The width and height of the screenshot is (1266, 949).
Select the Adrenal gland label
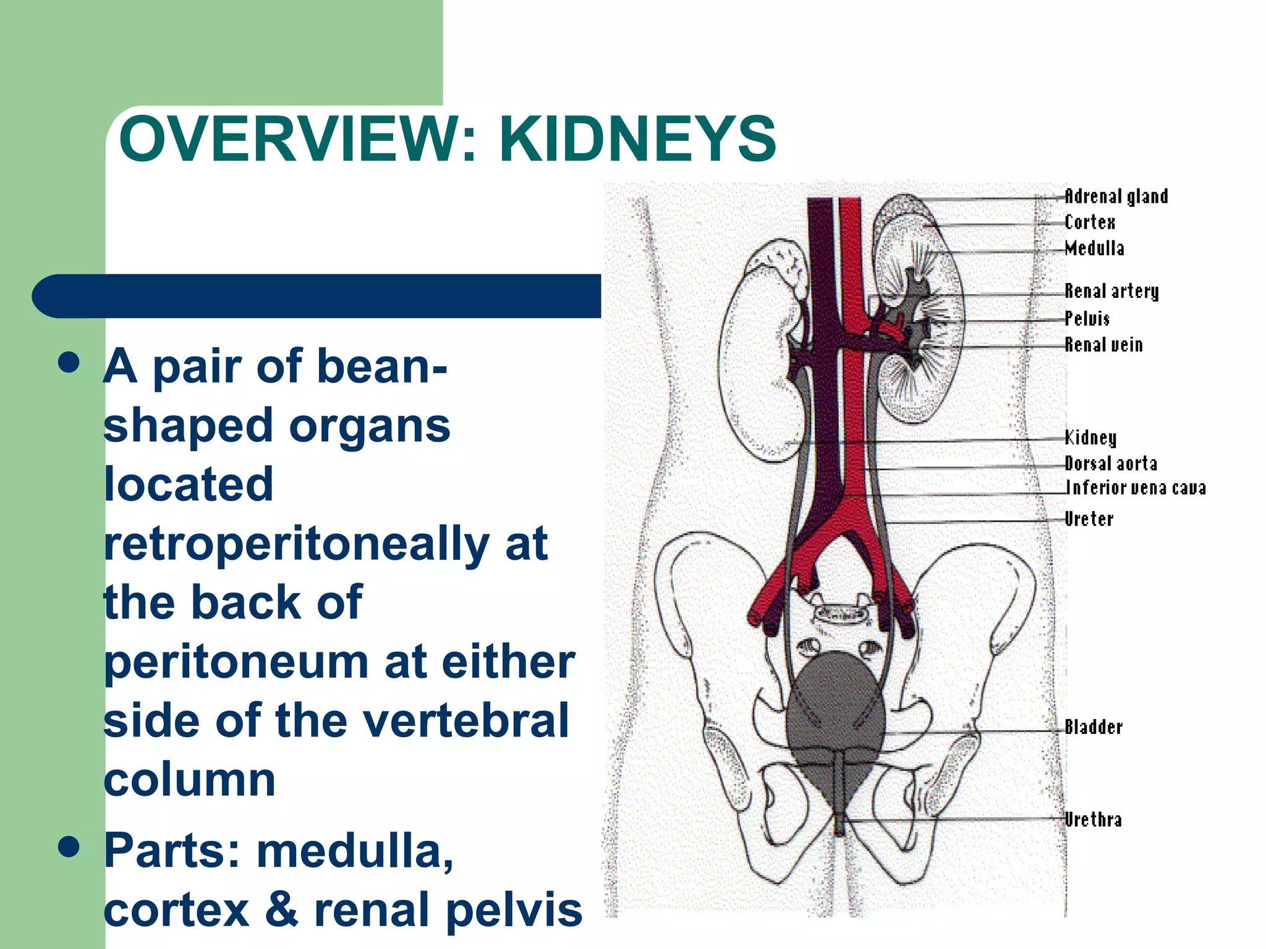1116,196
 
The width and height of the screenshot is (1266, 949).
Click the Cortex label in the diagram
1090,222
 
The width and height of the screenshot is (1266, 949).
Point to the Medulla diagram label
1094,248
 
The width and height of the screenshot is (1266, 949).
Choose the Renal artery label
1111,291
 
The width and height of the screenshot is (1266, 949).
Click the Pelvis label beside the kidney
1087,318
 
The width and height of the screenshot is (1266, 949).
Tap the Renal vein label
1103,345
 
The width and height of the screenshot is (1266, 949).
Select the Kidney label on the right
1090,437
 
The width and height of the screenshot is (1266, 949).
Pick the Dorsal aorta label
1111,463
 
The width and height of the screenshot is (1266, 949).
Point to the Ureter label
1089,519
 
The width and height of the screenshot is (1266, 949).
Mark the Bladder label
1094,727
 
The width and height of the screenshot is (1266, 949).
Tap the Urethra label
1093,820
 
